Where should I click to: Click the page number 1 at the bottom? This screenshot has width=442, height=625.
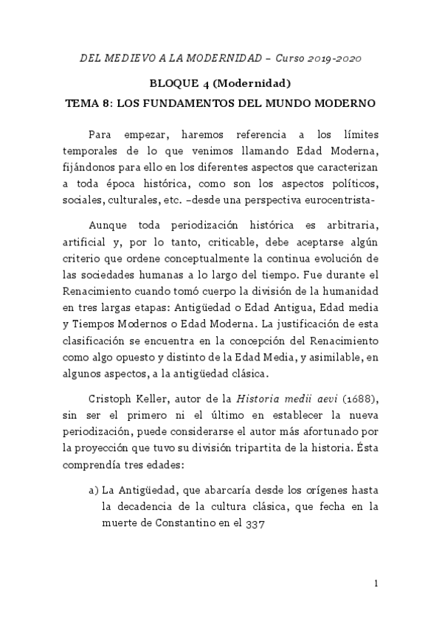coord(376,584)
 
